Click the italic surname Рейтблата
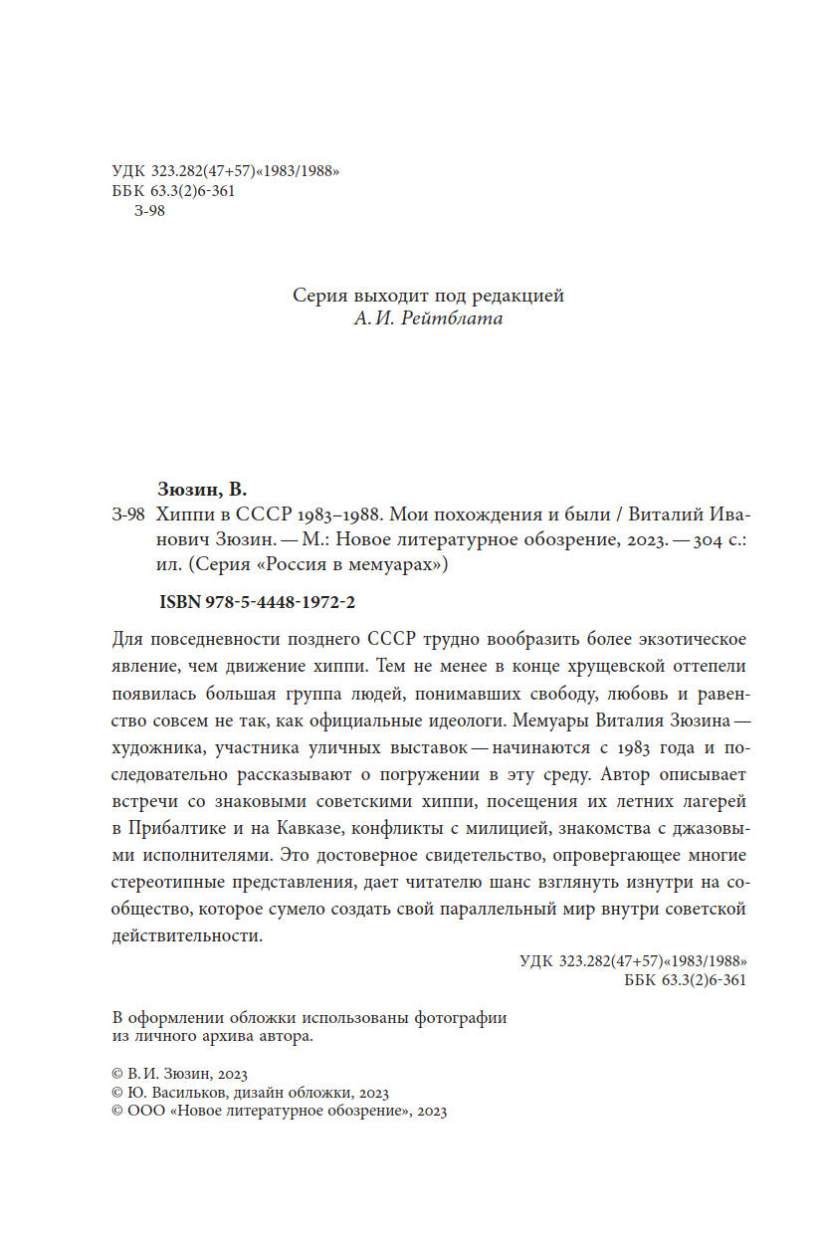457,319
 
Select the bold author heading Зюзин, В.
202,489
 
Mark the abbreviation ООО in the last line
147,1112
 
